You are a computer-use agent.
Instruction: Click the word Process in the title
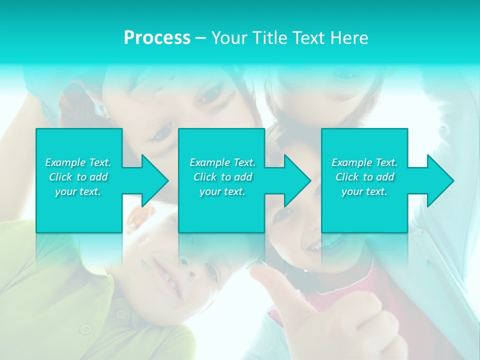click(x=157, y=38)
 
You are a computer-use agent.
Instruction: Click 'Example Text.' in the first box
click(x=78, y=162)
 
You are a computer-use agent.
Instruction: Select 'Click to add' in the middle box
click(x=222, y=177)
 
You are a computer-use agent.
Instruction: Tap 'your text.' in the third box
click(x=364, y=191)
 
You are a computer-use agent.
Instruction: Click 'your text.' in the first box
click(x=78, y=191)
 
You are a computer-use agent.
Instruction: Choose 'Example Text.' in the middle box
click(x=222, y=162)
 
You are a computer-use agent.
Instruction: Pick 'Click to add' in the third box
click(x=364, y=177)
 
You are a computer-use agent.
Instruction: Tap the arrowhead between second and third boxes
click(x=296, y=180)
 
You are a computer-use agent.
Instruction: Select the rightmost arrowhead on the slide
click(x=439, y=180)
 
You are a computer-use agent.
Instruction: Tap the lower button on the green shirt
click(x=86, y=329)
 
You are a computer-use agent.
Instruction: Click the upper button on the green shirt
click(x=121, y=313)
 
